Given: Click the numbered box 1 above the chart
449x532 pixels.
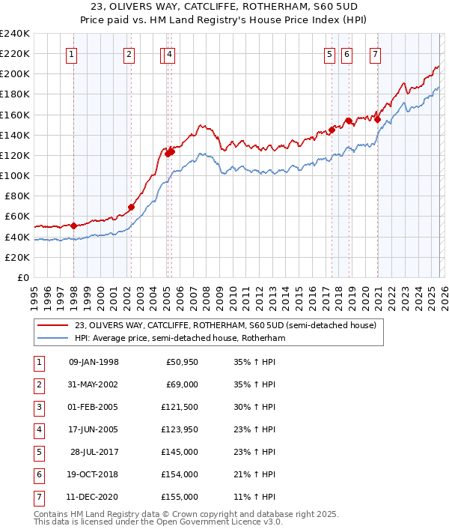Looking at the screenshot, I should pyautogui.click(x=71, y=53).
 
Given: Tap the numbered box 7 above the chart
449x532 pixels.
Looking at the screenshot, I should pyautogui.click(x=374, y=53).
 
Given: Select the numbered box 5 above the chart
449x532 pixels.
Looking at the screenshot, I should pyautogui.click(x=329, y=53).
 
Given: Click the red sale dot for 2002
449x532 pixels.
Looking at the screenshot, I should pyautogui.click(x=131, y=207).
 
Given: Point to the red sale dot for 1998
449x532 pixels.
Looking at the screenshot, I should pyautogui.click(x=73, y=225).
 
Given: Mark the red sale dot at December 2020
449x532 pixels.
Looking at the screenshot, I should pyautogui.click(x=378, y=118).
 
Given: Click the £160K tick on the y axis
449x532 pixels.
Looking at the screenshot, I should pyautogui.click(x=15, y=115).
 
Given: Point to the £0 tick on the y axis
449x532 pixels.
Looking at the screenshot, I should pyautogui.click(x=24, y=277).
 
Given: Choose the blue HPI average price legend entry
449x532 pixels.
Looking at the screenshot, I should pyautogui.click(x=180, y=339).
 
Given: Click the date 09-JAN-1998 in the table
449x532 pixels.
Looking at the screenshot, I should pyautogui.click(x=94, y=363).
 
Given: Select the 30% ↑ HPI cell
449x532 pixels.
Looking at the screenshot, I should pyautogui.click(x=256, y=407).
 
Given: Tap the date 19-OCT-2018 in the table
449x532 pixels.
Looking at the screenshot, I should pyautogui.click(x=94, y=474).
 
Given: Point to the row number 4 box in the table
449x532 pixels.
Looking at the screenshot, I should pyautogui.click(x=39, y=429).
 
